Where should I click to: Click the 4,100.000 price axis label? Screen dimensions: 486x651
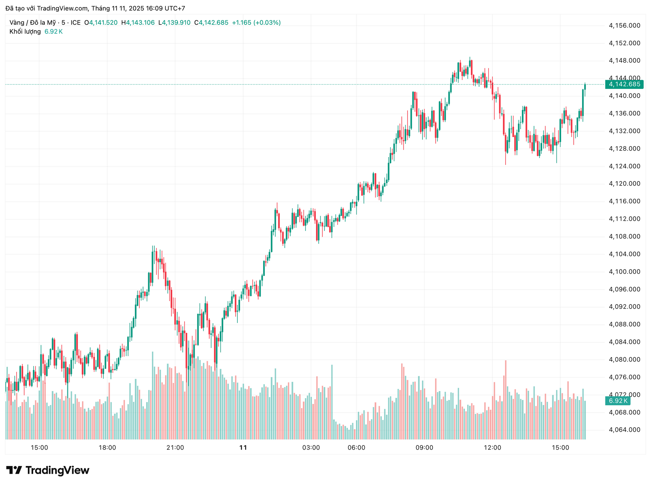624,272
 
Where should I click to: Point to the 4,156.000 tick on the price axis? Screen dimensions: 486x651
624,25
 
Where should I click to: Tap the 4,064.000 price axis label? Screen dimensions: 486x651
624,430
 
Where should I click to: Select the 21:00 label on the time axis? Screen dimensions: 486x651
175,448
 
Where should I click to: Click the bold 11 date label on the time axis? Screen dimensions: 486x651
243,448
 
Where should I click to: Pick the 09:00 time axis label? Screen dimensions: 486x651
425,448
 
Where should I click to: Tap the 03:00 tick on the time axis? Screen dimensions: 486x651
311,448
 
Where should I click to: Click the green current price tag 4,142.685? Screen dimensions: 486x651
624,84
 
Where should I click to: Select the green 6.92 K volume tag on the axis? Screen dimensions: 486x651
618,401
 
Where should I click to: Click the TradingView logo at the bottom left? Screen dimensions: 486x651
48,470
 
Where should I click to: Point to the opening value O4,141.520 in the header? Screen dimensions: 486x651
101,23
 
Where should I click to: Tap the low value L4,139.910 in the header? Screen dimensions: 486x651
174,23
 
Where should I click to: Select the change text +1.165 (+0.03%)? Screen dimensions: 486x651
256,23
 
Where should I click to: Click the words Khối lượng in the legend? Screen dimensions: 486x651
25,32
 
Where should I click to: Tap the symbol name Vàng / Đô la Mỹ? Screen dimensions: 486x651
33,23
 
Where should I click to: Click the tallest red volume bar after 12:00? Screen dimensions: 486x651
506,400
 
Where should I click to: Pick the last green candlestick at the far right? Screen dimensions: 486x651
585,86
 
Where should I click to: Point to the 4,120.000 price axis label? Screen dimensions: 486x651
624,183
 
